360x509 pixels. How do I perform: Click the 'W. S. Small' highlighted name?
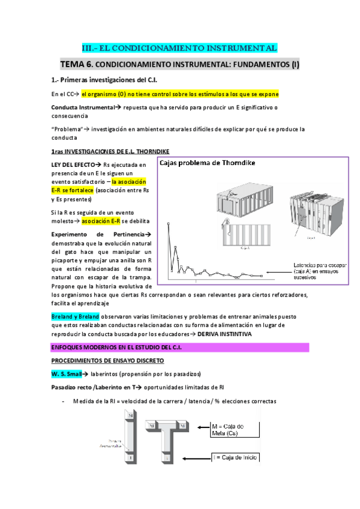click(70, 373)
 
